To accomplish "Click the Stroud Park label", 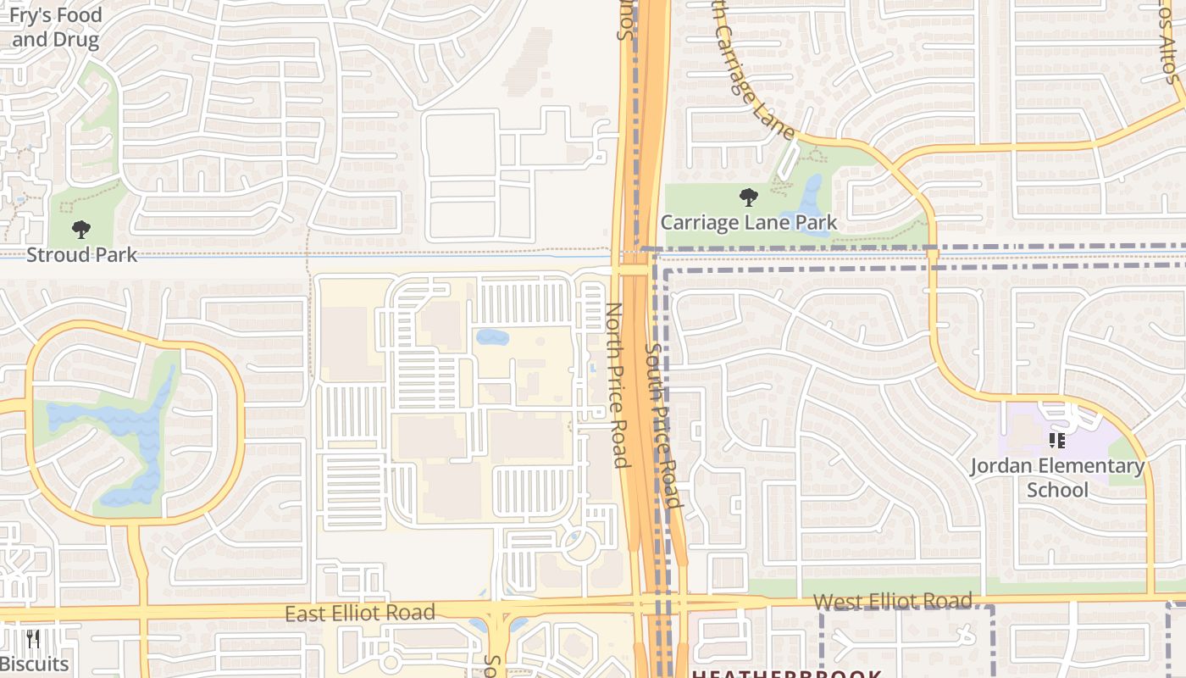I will click(x=81, y=254).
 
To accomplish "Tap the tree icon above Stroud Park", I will click(x=81, y=230).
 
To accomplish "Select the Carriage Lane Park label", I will click(x=748, y=223).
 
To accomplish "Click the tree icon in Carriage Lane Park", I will click(x=748, y=198).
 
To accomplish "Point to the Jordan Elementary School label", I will click(x=1056, y=478).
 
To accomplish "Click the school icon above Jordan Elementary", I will click(x=1056, y=441).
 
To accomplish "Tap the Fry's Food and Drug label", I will click(x=55, y=27).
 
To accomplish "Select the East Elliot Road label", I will click(x=360, y=613).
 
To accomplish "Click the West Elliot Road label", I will click(x=892, y=602).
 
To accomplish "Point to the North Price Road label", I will click(x=618, y=386).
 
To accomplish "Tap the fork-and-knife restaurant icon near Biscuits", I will click(x=33, y=639).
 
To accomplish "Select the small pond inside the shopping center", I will click(x=492, y=337).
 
